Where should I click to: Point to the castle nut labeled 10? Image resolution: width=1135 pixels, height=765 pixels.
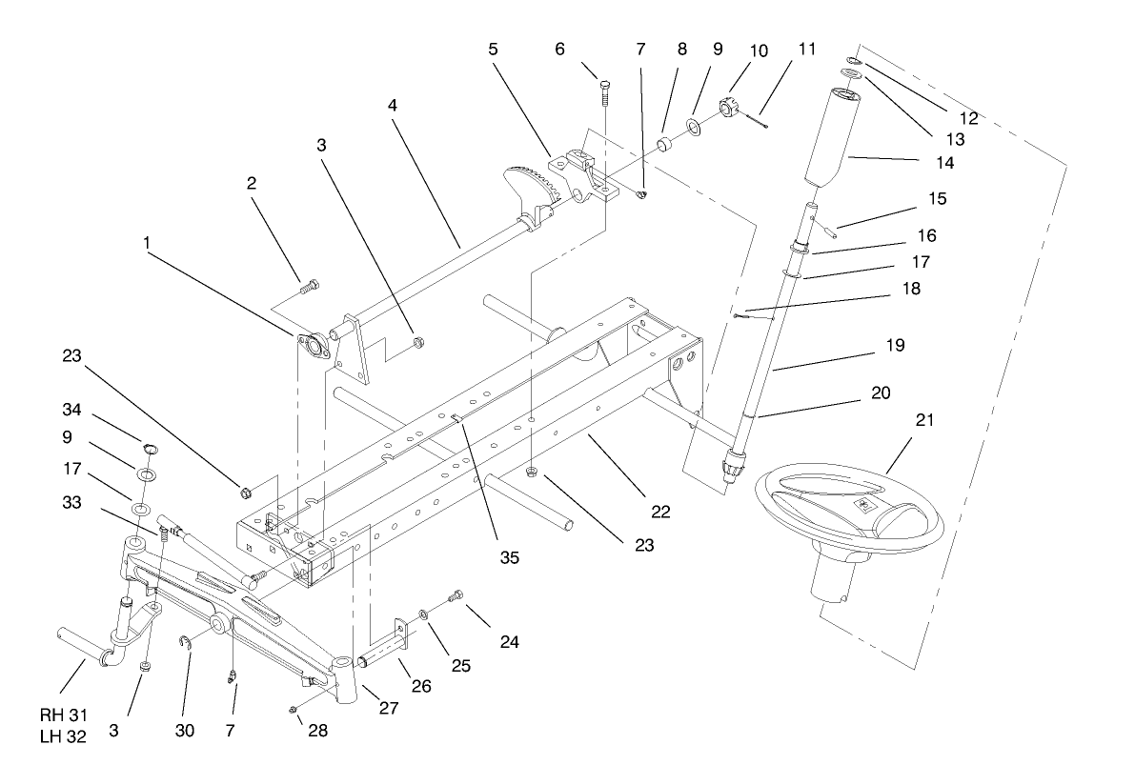coord(730,110)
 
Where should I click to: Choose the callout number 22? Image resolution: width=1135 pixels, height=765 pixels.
coord(660,512)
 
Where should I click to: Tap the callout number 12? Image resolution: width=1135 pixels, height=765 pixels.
coord(968,119)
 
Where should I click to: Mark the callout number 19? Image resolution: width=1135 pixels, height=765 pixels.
coord(893,343)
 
